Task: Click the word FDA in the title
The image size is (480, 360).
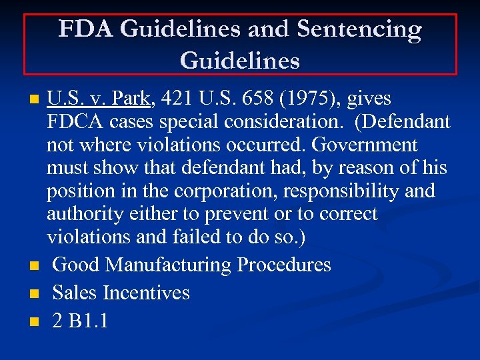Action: [83, 30]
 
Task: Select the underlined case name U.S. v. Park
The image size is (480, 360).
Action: [99, 99]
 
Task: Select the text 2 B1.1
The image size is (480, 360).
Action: [80, 321]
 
